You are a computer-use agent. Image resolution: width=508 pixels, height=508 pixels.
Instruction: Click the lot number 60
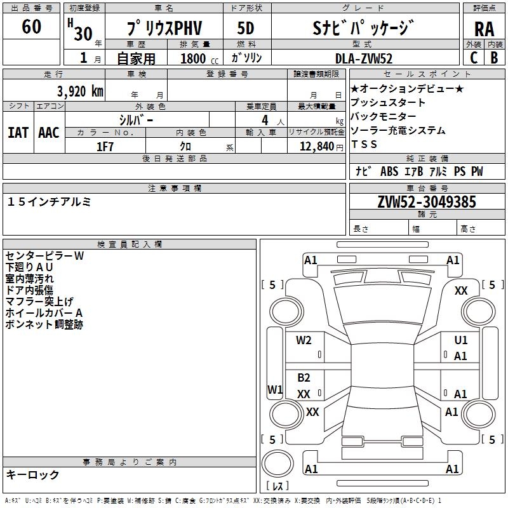pos(32,27)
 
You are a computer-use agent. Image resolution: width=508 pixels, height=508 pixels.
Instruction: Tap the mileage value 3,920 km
pos(79,91)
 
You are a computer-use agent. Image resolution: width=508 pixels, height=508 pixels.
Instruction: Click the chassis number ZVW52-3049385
pos(427,203)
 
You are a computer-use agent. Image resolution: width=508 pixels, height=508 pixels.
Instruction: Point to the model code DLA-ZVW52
pos(364,58)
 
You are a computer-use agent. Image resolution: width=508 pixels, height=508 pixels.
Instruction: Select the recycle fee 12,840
pos(316,146)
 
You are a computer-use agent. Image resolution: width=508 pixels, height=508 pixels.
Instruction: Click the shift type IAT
pos(18,132)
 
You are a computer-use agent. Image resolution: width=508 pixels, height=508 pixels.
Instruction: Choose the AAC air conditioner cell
pos(49,132)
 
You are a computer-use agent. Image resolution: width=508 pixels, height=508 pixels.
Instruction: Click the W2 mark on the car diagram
pos(304,340)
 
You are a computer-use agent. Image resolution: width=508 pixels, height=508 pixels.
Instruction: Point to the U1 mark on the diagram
pos(461,340)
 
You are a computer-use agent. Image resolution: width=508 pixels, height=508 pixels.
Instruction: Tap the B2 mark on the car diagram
pos(304,378)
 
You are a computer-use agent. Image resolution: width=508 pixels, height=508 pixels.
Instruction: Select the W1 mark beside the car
pos(275,389)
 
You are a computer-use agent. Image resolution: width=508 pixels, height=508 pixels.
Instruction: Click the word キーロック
pos(32,474)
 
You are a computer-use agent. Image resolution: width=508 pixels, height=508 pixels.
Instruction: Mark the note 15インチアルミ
pos(50,202)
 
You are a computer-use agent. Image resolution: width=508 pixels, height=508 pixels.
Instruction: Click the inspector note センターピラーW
pos(44,256)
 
